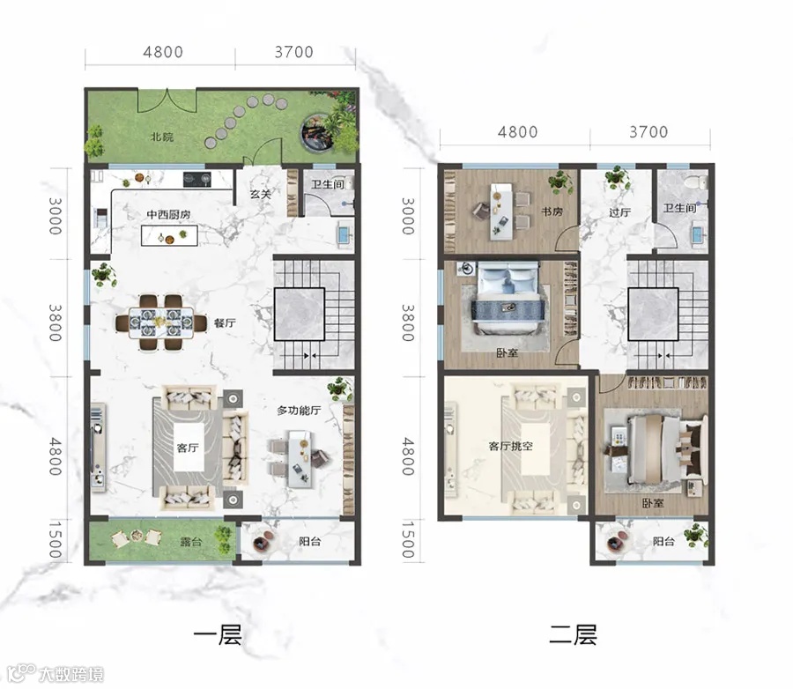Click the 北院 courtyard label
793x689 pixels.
pos(162,137)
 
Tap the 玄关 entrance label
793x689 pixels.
pos(261,194)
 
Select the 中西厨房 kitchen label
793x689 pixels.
pos(168,214)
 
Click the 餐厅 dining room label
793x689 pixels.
pos(225,322)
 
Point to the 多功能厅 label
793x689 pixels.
pos(299,411)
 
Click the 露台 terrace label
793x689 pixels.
pos(191,542)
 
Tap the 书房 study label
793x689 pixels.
pos(552,211)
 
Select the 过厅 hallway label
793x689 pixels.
pos(619,212)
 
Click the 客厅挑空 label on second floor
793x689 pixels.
pos(510,446)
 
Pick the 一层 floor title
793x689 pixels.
pos(218,635)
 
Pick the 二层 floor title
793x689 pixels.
pos(573,635)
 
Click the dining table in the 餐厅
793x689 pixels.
pos(161,322)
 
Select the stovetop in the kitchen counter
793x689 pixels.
pos(196,179)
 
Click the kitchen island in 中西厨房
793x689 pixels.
pos(169,236)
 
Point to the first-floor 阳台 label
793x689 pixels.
pos(309,542)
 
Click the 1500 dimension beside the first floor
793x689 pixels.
pos(56,540)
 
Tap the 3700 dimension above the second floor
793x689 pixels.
pos(648,132)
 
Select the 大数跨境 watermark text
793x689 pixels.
pos(71,674)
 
